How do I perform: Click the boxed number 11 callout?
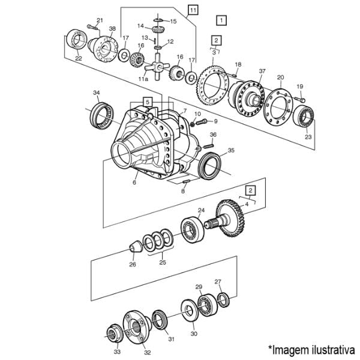point(193,10)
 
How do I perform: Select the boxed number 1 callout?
point(221,20)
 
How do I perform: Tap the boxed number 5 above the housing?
point(148,102)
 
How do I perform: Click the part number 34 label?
point(97,93)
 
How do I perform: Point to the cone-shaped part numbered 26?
point(136,247)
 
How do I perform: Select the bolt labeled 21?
point(92,28)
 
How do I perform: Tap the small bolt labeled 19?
point(300,99)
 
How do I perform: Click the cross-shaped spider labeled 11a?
point(157,67)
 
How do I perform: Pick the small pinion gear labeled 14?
point(157,30)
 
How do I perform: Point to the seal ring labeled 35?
point(210,166)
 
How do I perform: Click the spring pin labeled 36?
point(209,145)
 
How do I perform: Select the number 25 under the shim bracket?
point(163,262)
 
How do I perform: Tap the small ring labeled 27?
point(223,299)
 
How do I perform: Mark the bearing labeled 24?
point(193,230)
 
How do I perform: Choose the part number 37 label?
point(262,71)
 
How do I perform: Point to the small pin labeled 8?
point(186,181)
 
